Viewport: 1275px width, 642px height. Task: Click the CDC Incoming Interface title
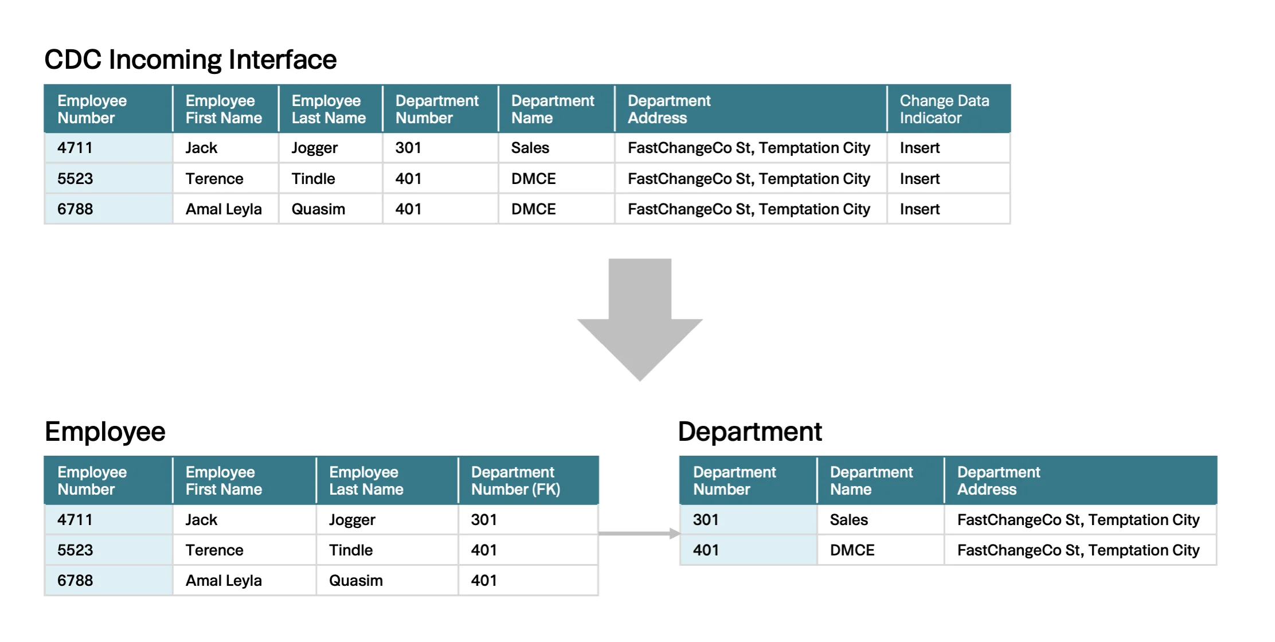(x=190, y=60)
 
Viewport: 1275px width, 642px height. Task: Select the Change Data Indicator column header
(x=944, y=109)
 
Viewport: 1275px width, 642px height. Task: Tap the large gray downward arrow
(x=640, y=319)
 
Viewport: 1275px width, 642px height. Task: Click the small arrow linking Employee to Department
(x=639, y=534)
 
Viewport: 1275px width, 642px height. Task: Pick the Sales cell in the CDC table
(x=530, y=148)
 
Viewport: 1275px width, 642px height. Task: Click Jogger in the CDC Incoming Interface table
(x=315, y=148)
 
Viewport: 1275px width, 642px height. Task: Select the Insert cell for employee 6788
(x=920, y=209)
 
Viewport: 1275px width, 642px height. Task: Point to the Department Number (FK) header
(x=515, y=480)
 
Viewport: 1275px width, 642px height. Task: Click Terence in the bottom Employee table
(x=214, y=550)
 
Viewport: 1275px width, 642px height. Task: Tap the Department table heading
(x=750, y=432)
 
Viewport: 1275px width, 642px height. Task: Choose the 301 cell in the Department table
(x=706, y=520)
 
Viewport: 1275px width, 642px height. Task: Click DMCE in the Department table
(x=852, y=550)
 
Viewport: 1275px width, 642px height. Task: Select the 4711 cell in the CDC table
(x=75, y=148)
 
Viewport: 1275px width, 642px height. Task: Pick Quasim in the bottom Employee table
(x=356, y=581)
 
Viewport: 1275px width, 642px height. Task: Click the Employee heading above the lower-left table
(x=105, y=432)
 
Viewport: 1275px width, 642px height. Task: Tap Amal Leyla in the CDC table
(x=224, y=210)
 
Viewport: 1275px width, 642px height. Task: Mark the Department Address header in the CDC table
(x=669, y=109)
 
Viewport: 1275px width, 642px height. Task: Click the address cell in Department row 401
(x=1078, y=551)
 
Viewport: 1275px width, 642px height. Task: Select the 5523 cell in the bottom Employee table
(x=75, y=550)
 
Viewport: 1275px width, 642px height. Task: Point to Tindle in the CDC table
(x=313, y=179)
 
